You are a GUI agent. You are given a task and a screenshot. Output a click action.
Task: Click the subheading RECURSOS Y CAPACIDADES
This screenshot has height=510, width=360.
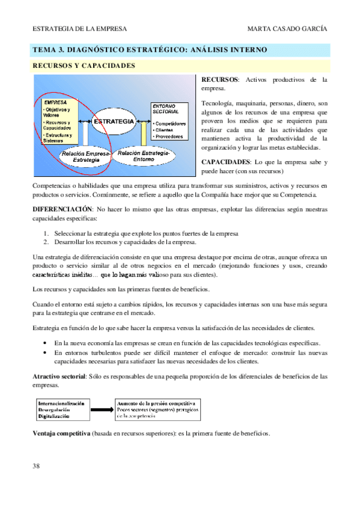pyautogui.click(x=84, y=66)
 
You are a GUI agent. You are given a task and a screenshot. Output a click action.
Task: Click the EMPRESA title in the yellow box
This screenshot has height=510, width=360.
pyautogui.click(x=56, y=102)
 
